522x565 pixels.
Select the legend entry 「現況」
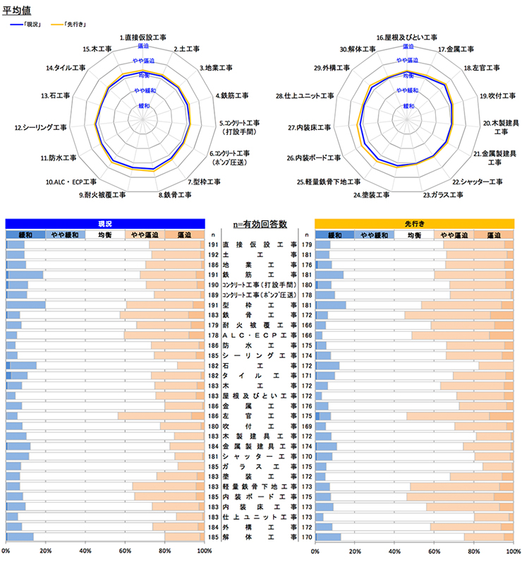[32, 25]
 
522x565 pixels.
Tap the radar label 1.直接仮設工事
[143, 37]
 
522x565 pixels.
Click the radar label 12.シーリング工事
[41, 128]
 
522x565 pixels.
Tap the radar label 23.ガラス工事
[443, 194]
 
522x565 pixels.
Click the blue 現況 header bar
[105, 222]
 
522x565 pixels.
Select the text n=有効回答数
[260, 224]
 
